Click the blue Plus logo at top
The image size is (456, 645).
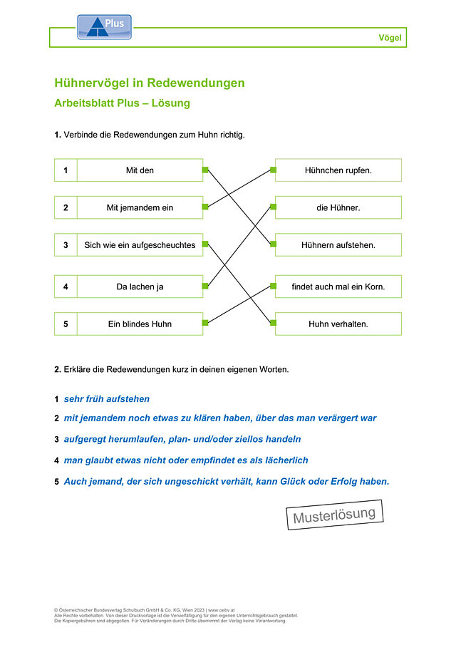(105, 27)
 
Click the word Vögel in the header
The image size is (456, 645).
(390, 38)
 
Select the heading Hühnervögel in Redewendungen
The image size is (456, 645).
(149, 83)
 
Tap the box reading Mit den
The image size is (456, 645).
(140, 170)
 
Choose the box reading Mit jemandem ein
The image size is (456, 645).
(140, 207)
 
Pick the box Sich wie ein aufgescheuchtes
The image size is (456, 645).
(140, 245)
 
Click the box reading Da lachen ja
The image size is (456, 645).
(140, 287)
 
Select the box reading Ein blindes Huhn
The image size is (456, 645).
(140, 324)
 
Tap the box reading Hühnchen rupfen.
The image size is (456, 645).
(338, 170)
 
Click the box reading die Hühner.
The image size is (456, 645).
(338, 207)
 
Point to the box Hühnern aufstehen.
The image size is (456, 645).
(338, 245)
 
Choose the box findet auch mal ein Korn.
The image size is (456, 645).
(338, 287)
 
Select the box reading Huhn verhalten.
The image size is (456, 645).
(338, 324)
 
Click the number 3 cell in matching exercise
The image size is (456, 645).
(66, 245)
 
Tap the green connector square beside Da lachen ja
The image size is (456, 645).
(205, 286)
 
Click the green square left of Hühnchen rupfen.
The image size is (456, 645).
(273, 170)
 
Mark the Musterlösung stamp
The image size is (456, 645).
(335, 515)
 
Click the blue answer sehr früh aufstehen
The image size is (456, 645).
(106, 399)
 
